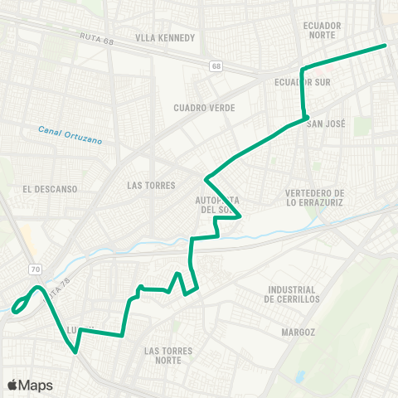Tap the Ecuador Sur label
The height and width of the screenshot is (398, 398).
tap(296, 83)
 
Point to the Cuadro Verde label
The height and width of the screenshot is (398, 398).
tap(205, 108)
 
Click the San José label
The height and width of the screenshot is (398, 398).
tap(326, 124)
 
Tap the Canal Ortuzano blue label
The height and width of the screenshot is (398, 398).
tap(70, 134)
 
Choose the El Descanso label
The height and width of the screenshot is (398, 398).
tap(51, 189)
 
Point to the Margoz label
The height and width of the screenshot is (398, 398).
tap(298, 332)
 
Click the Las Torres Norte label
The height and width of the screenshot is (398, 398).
tap(167, 356)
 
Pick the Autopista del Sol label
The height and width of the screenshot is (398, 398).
tap(217, 205)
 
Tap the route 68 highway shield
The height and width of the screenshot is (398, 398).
tap(217, 66)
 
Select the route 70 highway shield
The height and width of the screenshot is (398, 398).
tap(35, 269)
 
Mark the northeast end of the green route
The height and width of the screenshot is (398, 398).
tap(386, 46)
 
